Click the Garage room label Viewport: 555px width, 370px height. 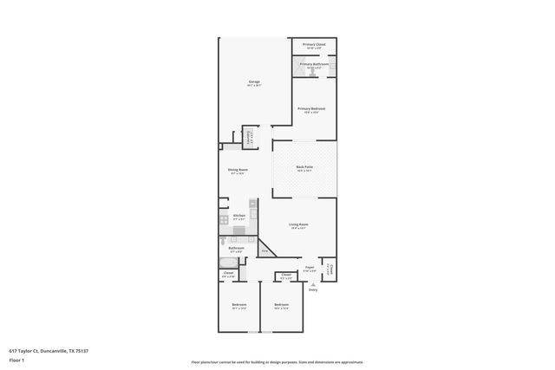254,81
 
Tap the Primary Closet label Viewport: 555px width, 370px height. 314,43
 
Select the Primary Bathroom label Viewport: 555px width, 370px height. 314,64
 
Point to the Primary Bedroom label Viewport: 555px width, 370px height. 311,108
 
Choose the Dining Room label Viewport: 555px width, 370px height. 238,170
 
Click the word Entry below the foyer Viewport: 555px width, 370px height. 313,289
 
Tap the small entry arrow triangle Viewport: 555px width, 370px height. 313,282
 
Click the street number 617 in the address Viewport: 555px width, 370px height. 12,351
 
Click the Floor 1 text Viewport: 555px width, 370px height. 16,359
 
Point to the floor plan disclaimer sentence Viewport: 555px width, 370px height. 277,362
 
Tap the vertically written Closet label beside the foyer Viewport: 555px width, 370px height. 329,269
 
